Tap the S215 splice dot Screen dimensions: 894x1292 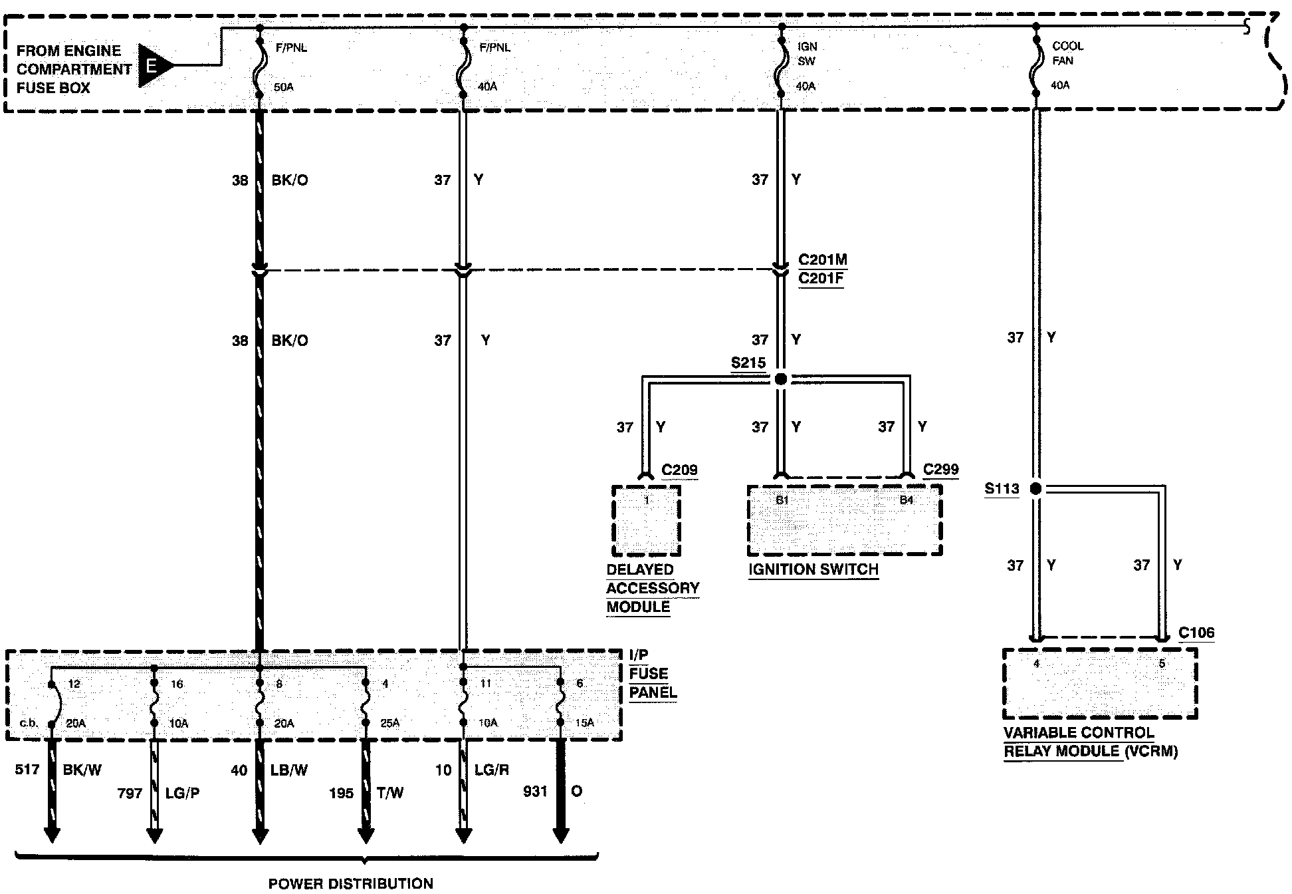coord(781,379)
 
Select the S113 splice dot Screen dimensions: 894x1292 coord(1035,489)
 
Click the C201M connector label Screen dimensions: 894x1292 coord(823,260)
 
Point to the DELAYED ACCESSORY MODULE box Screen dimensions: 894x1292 coord(646,521)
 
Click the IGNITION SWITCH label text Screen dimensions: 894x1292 coord(813,570)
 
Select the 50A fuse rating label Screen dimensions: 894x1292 coord(283,87)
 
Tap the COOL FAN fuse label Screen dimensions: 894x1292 coord(1067,53)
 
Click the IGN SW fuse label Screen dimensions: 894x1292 coord(807,54)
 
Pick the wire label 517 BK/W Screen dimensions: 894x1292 coord(58,770)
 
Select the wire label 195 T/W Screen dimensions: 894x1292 coord(366,794)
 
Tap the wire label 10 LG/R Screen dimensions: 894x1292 coord(473,770)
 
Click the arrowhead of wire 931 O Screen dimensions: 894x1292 coord(561,835)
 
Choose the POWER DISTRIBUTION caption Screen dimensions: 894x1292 coord(350,884)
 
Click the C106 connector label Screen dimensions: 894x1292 coord(1196,633)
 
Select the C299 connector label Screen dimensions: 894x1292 coord(941,470)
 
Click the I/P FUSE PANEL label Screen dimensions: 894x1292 coord(653,674)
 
